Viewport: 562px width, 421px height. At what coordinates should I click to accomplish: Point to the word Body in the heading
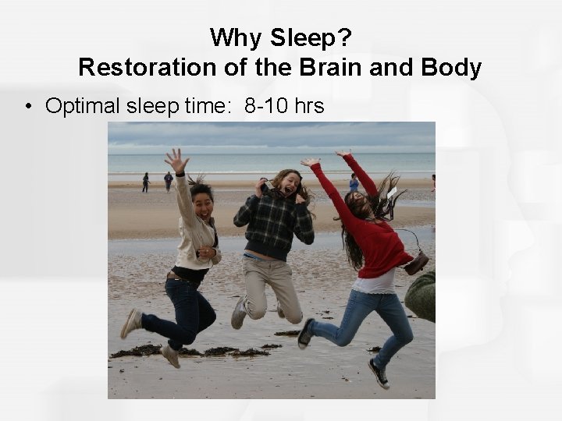[x=452, y=67]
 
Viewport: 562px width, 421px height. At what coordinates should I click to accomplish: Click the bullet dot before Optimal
[x=28, y=105]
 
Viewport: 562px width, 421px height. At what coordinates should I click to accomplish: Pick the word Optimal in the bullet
[x=83, y=105]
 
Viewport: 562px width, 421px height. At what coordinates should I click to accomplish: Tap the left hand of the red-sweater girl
[x=311, y=163]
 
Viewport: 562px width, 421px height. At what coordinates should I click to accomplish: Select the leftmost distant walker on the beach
[x=145, y=182]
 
